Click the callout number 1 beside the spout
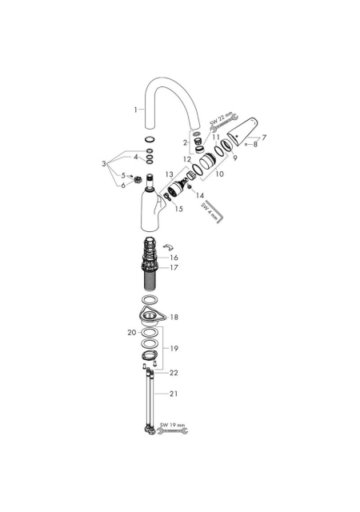pos(135,110)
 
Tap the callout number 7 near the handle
pos(264,138)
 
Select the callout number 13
pos(170,174)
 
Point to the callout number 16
pos(174,258)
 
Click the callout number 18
pos(174,317)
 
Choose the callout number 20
pos(132,333)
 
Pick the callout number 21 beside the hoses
pos(174,394)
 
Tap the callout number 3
pos(104,163)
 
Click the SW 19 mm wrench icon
pos(173,431)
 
